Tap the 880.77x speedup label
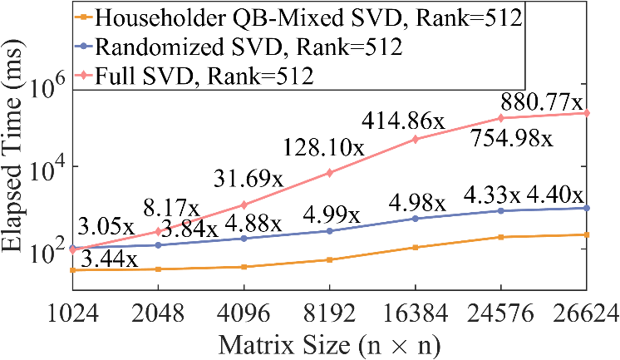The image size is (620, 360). [543, 102]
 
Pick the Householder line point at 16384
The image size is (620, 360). [416, 247]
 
